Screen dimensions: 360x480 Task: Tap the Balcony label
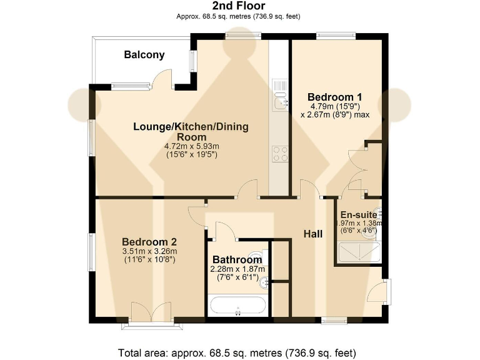coord(144,55)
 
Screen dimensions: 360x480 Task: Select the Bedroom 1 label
coord(334,97)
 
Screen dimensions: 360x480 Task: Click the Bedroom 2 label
coord(149,242)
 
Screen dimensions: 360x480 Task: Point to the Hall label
coord(313,234)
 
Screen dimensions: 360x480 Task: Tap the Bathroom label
coord(236,260)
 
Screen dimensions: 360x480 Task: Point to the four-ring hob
coord(279,153)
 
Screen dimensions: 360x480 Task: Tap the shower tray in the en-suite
coord(359,252)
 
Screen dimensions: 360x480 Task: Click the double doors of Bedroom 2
coord(151,310)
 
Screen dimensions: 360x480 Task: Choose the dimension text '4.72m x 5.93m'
coord(191,146)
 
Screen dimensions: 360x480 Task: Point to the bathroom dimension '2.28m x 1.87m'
coord(236,270)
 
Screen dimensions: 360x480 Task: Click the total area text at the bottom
coord(240,351)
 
